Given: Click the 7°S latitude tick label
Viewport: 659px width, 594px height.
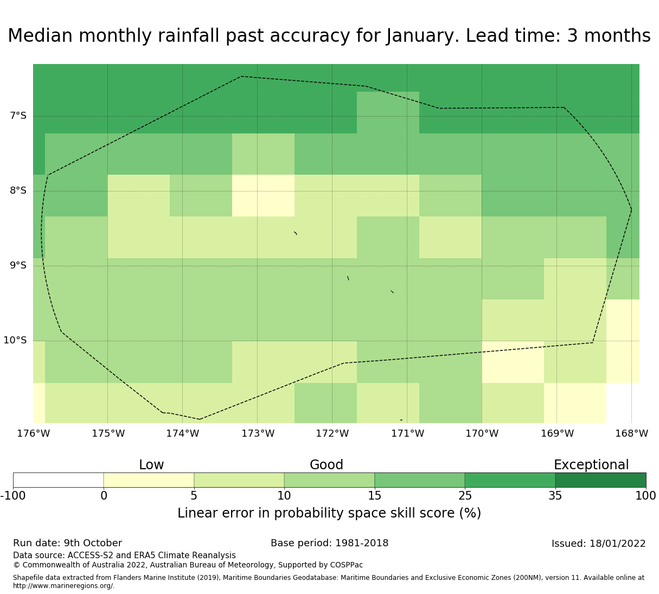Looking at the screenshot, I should tap(18, 116).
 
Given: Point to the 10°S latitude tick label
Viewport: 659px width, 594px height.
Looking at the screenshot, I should tap(15, 340).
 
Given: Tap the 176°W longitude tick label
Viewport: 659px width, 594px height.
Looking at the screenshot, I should tap(33, 433).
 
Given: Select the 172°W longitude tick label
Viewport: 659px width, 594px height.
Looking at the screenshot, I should tap(332, 433).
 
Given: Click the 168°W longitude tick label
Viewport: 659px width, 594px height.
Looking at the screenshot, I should tap(631, 433).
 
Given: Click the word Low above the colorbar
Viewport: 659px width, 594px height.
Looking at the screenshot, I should tap(151, 465).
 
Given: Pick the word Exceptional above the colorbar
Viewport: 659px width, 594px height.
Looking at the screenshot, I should tap(591, 465).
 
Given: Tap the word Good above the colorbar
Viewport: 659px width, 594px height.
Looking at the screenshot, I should tap(327, 465).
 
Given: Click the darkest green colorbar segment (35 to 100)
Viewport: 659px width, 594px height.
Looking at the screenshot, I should tap(600, 480).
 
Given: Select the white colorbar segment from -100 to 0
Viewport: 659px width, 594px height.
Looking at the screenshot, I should tap(58, 480).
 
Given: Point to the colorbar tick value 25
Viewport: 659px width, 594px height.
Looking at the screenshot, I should tap(465, 495).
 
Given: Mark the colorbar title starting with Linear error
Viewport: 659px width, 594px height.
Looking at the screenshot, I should tap(329, 513).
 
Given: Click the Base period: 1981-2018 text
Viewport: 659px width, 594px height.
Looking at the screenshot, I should tap(329, 543).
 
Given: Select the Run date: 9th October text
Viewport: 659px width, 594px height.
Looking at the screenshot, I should tap(67, 543).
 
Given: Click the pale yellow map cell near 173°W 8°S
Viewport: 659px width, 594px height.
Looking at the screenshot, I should tap(263, 195).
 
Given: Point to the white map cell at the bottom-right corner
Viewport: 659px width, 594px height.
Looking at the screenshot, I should tap(623, 403).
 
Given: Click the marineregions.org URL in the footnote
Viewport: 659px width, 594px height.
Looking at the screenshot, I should tap(63, 586).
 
